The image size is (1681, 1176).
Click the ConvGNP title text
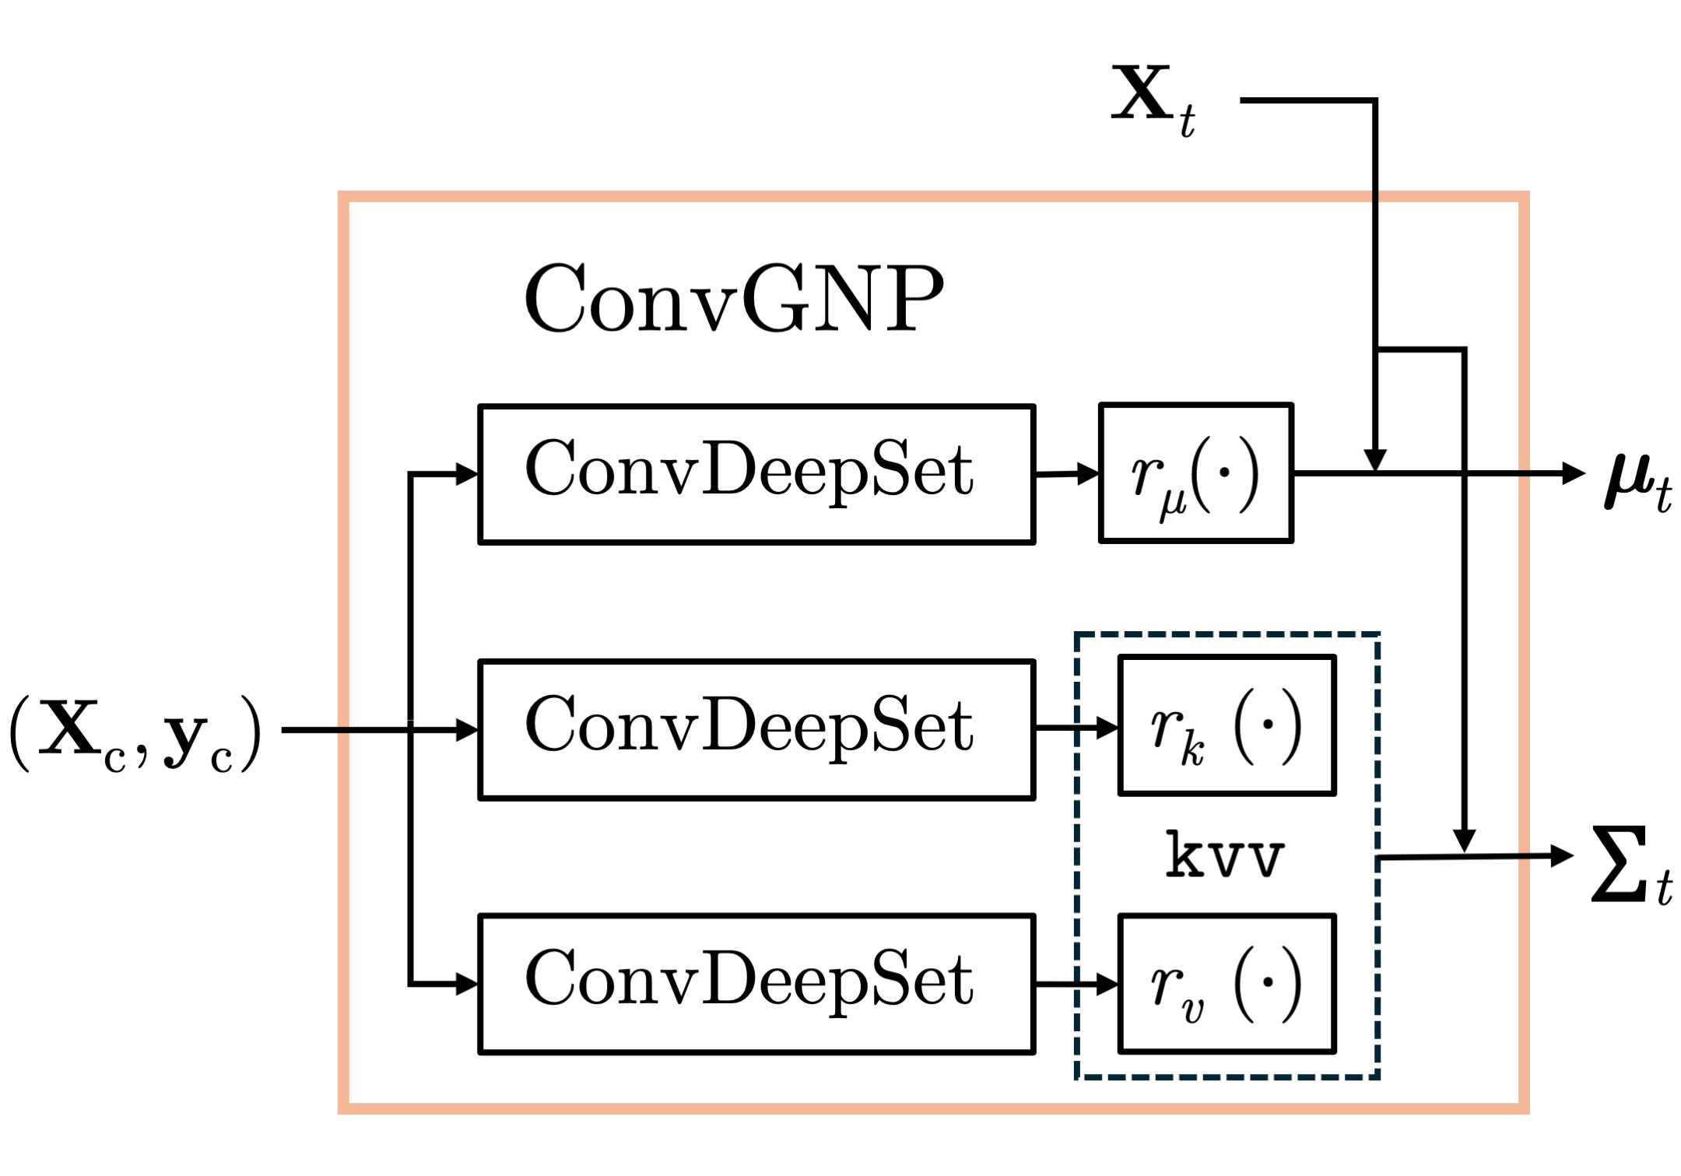pyautogui.click(x=734, y=298)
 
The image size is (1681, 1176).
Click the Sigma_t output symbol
pyautogui.click(x=1632, y=864)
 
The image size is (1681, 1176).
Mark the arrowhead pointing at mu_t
pyautogui.click(x=1574, y=472)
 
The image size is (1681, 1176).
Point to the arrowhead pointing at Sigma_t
pyautogui.click(x=1563, y=856)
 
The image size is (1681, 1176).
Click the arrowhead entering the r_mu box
pyautogui.click(x=1089, y=472)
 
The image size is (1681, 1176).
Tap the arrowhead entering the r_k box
pyautogui.click(x=1108, y=728)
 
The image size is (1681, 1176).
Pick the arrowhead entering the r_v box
pyautogui.click(x=1108, y=984)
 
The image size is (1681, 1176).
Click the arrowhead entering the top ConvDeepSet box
pyautogui.click(x=468, y=473)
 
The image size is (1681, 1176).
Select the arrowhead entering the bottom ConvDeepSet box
pyautogui.click(x=468, y=984)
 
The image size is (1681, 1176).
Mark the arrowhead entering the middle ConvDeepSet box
pyautogui.click(x=468, y=729)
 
